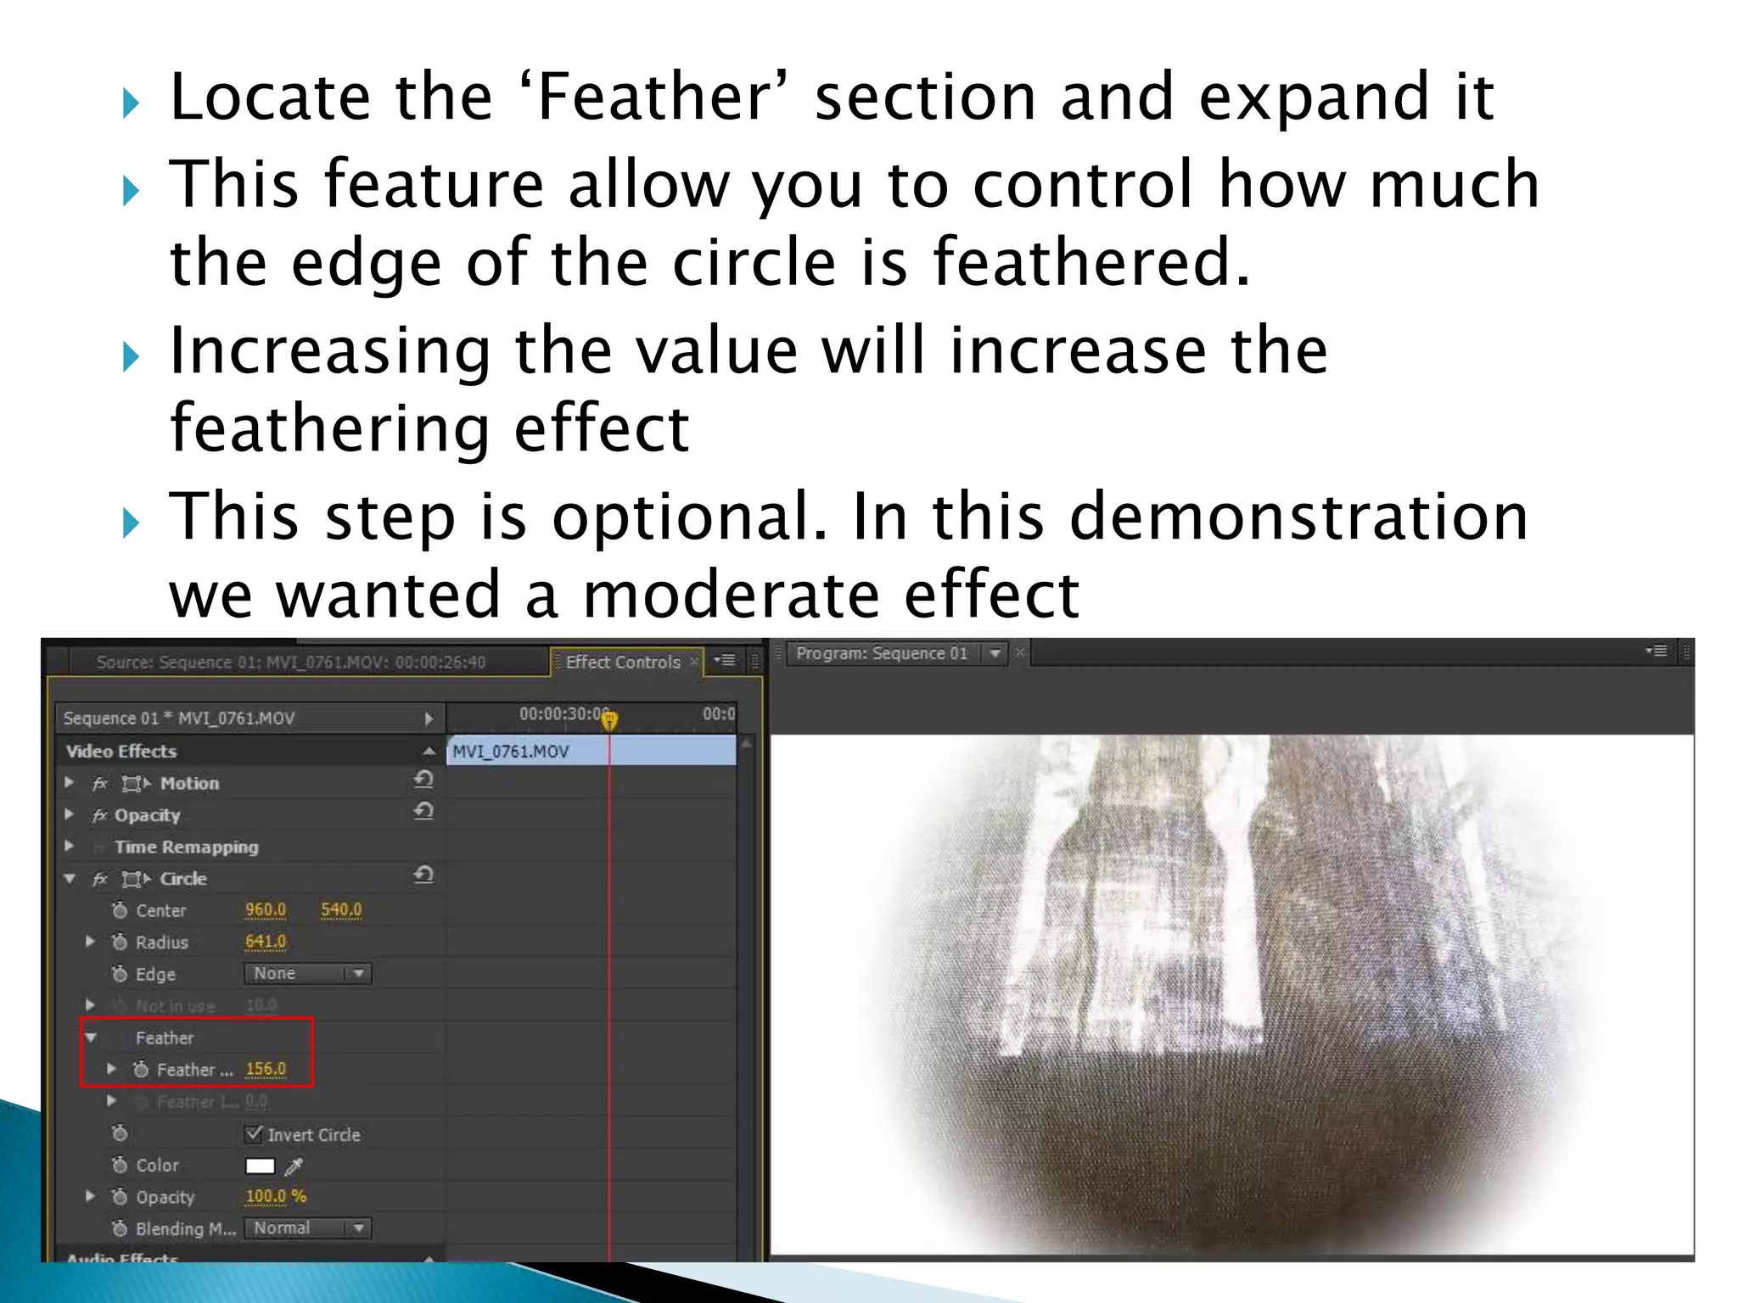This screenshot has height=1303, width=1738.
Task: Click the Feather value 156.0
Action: tap(266, 1069)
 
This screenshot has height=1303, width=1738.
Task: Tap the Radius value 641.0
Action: tap(266, 942)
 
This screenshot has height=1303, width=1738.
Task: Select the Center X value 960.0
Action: tap(266, 909)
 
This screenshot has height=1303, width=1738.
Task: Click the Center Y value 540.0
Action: tap(341, 909)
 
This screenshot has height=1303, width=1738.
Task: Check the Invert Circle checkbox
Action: tap(254, 1133)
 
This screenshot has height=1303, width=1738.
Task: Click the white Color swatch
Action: tap(260, 1166)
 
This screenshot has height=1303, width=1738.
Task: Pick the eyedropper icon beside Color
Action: tap(294, 1166)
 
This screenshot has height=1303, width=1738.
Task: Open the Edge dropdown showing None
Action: tap(307, 974)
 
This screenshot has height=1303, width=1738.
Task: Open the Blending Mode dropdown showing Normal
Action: tap(307, 1228)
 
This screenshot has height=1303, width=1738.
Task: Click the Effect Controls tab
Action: tap(623, 662)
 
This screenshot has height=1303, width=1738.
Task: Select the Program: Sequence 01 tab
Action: tap(882, 653)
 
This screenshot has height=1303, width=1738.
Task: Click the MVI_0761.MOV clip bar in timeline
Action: tap(591, 751)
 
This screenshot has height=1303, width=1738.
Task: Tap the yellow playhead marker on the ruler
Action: tap(609, 720)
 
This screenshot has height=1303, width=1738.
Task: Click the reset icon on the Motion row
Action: tap(423, 780)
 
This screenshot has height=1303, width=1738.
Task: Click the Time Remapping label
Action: tap(187, 847)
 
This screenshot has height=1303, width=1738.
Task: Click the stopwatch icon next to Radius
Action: tap(120, 942)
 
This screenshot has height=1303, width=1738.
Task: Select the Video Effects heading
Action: tap(121, 751)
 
